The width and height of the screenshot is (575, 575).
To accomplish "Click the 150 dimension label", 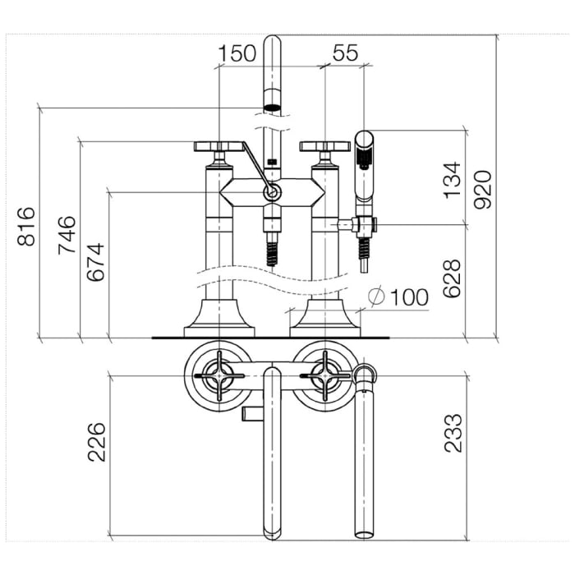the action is (x=237, y=53).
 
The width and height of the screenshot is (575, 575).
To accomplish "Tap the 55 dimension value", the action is (x=346, y=53).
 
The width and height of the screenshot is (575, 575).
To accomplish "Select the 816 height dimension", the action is (x=27, y=226).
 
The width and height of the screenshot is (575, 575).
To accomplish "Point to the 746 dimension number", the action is (x=67, y=235).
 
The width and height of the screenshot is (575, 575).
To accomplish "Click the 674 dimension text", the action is (x=96, y=262).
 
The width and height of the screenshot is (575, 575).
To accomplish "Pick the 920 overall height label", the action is (x=482, y=190).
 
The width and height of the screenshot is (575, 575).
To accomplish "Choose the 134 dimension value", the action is (x=452, y=180).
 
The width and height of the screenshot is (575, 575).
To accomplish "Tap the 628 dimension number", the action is (x=452, y=278).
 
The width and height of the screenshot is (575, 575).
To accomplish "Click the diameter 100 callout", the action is (x=398, y=297).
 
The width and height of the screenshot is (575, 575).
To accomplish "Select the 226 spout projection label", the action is (x=96, y=442).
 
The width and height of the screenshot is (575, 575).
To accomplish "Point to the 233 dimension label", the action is (x=453, y=433).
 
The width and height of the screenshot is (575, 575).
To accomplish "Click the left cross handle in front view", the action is (x=219, y=146).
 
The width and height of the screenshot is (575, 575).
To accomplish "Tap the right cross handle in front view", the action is (x=325, y=146).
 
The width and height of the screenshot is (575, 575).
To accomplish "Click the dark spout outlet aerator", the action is (x=272, y=108).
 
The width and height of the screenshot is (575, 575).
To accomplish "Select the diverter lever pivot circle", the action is (x=272, y=191).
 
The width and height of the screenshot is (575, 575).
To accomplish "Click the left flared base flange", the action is (x=219, y=318).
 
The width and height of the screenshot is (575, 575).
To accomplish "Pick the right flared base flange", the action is (x=325, y=318).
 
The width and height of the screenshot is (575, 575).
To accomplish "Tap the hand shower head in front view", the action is (x=364, y=166).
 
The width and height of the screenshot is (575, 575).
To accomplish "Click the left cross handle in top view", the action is (x=219, y=375).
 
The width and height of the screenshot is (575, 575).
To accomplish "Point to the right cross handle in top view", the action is (x=325, y=375).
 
